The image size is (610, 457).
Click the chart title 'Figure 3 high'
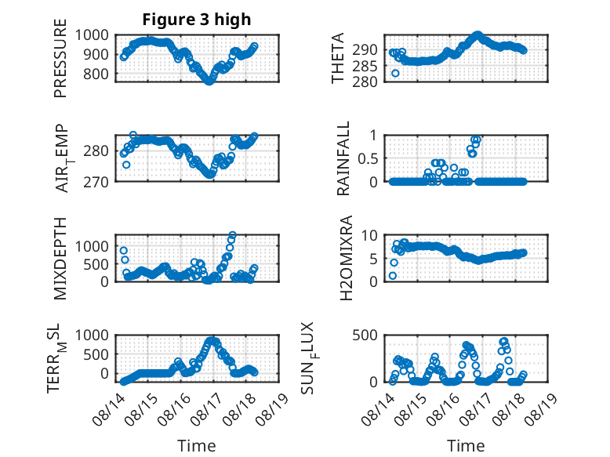pyautogui.click(x=197, y=20)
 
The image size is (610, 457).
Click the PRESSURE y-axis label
pyautogui.click(x=60, y=58)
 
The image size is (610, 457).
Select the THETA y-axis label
pyautogui.click(x=338, y=58)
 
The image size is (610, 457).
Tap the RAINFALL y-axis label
pyautogui.click(x=343, y=158)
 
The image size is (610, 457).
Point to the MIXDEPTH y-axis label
pyautogui.click(x=60, y=259)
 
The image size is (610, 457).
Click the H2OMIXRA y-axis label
pyautogui.click(x=346, y=258)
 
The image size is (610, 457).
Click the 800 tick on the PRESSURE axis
pyautogui.click(x=96, y=74)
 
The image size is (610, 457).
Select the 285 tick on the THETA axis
pyautogui.click(x=365, y=67)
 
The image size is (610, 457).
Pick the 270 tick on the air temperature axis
pyautogui.click(x=96, y=182)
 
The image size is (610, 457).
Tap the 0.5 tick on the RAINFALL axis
pyautogui.click(x=367, y=158)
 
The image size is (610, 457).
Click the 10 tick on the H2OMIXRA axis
pyautogui.click(x=369, y=235)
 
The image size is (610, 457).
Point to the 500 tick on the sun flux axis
pyautogui.click(x=365, y=335)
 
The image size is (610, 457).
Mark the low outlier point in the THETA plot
pyautogui.click(x=395, y=73)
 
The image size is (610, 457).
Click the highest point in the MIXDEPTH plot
pyautogui.click(x=232, y=235)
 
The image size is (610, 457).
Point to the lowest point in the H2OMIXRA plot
pyautogui.click(x=393, y=276)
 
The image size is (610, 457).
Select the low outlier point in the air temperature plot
pyautogui.click(x=126, y=165)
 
